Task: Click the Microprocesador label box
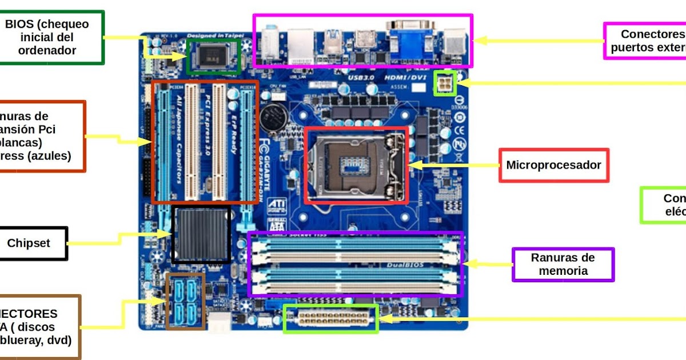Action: coord(553,165)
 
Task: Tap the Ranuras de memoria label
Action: coord(563,264)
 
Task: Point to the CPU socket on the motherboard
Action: coord(356,165)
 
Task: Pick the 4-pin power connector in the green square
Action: coord(445,83)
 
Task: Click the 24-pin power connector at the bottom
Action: coord(330,319)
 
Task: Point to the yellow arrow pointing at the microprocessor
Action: coord(452,165)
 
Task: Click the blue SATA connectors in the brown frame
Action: coord(185,301)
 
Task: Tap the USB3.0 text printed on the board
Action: coord(361,77)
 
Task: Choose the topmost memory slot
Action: coord(356,243)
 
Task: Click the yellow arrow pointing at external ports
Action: coord(537,41)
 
